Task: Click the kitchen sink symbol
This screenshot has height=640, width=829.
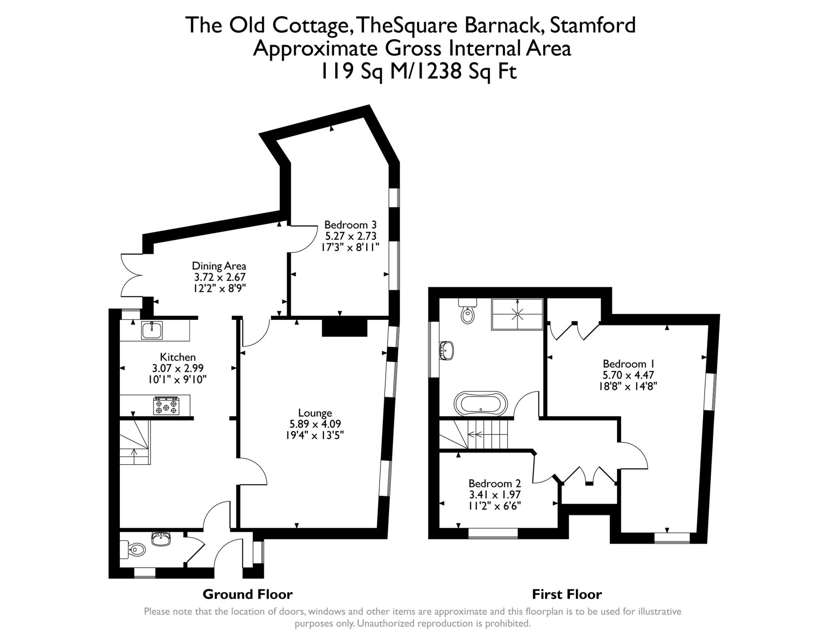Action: [x=152, y=330]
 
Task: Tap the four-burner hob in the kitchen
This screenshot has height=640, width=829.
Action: [x=166, y=406]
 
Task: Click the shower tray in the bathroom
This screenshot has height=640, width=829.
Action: [x=517, y=314]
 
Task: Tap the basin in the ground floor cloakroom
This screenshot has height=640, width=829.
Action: [x=162, y=539]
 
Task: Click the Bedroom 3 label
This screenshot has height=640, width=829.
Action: [x=350, y=225]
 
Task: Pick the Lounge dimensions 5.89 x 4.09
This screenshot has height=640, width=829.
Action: [x=315, y=424]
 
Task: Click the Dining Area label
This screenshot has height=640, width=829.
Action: [x=219, y=266]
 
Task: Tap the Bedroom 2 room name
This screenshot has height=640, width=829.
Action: [x=495, y=484]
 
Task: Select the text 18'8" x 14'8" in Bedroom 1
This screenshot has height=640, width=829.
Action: [x=627, y=386]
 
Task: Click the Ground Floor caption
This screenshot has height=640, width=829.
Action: [x=247, y=594]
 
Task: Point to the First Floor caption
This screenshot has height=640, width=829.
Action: [x=566, y=594]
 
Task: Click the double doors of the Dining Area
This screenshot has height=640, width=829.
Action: [x=132, y=275]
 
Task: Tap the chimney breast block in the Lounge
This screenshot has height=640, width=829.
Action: [x=344, y=327]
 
